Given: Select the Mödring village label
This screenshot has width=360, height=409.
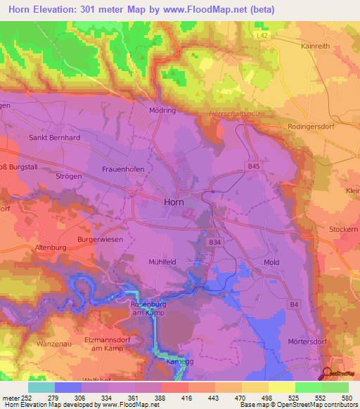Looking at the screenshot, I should [162, 110].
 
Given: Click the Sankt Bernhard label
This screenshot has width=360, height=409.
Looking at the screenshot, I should [54, 138].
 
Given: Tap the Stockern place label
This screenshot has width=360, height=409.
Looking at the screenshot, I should [344, 229].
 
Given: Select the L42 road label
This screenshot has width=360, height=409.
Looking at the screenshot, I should [263, 34].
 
